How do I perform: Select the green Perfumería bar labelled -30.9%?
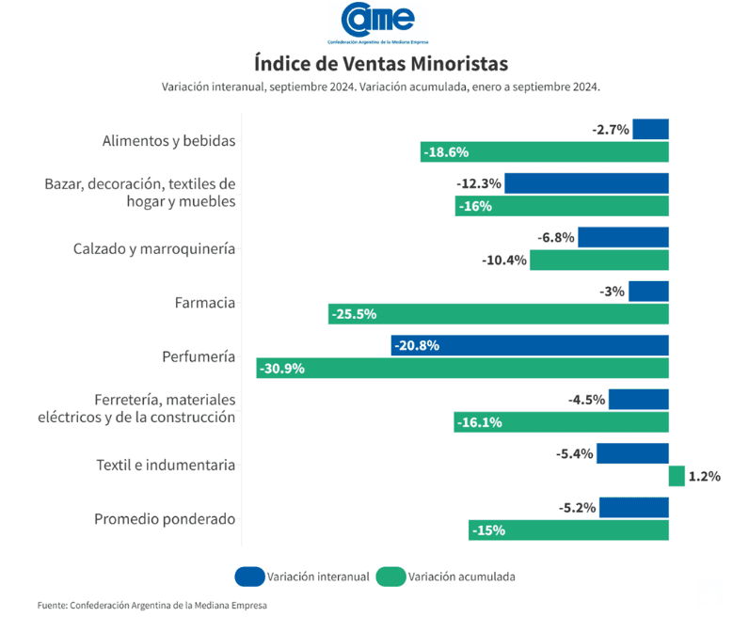[462, 369]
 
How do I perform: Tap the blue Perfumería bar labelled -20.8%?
[530, 345]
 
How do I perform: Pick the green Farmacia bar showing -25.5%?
[498, 314]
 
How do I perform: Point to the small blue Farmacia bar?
[648, 292]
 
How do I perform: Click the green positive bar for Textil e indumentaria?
[677, 476]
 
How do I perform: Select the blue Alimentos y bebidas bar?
[650, 129]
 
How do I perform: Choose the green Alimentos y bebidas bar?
[544, 152]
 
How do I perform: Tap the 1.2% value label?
[704, 477]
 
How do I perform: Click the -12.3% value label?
[479, 183]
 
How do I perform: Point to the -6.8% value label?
[556, 237]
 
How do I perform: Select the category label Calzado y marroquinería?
[154, 249]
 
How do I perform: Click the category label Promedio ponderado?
[165, 519]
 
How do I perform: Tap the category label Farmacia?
[204, 303]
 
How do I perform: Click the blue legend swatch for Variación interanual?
[248, 577]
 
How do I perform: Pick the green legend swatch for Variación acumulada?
[390, 577]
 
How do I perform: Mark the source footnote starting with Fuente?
[152, 606]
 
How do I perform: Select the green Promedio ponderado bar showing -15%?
[568, 530]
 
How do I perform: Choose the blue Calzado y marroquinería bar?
[623, 237]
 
